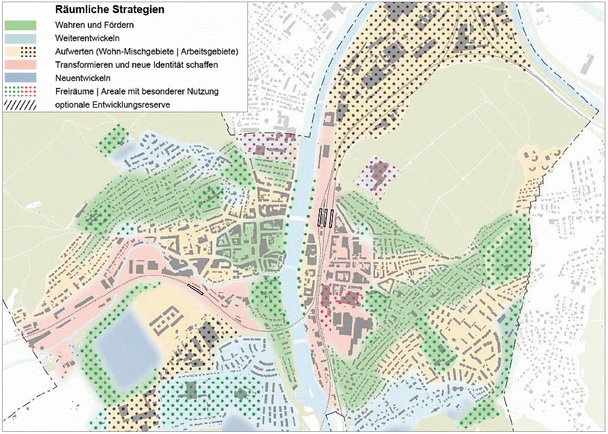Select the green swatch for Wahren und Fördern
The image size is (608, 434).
tap(20, 25)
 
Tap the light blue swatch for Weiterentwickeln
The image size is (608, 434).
tap(20, 38)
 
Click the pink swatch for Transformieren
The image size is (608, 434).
tap(20, 65)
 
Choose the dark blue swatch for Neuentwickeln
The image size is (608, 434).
tap(20, 78)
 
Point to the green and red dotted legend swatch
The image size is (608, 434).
tap(20, 91)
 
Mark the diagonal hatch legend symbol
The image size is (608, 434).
tap(20, 105)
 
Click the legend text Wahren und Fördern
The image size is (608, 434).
tap(94, 25)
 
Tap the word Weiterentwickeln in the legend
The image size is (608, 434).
tap(87, 38)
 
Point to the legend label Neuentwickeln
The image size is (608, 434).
tap(83, 78)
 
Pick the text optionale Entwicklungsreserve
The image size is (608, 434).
tap(112, 105)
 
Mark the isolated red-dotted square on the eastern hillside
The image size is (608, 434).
tap(381, 175)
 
